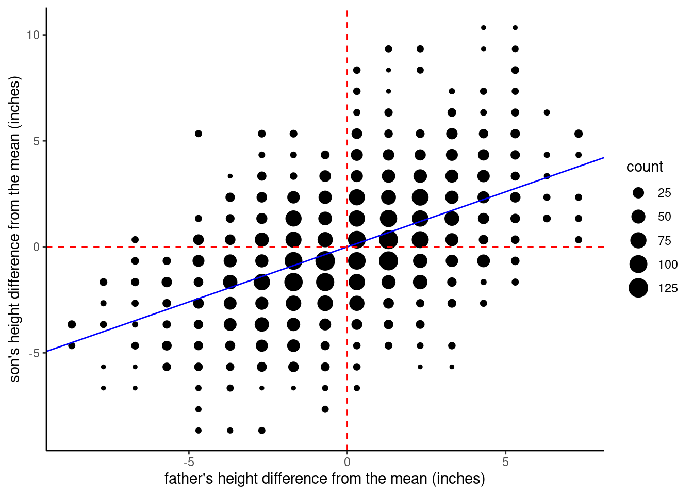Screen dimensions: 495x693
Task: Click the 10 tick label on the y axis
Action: [33, 35]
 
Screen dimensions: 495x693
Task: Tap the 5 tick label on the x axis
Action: [505, 462]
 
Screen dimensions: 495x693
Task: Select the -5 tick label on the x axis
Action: [189, 462]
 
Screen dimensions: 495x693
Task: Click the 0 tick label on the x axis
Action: [347, 462]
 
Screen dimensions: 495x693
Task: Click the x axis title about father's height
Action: [325, 479]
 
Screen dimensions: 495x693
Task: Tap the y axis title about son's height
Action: [15, 229]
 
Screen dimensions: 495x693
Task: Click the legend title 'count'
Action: [645, 167]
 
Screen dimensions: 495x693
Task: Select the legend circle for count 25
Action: [638, 193]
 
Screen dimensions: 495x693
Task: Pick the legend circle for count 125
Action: [638, 288]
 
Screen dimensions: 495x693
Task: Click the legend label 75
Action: [665, 241]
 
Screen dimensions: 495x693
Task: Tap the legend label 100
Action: [668, 265]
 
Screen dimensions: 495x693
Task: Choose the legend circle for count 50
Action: [638, 217]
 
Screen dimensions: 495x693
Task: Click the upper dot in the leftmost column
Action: [72, 324]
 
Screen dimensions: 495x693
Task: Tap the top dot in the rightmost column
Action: [579, 134]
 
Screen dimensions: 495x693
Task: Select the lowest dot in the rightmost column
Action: [579, 240]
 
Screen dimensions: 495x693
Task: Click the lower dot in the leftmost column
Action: [72, 345]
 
